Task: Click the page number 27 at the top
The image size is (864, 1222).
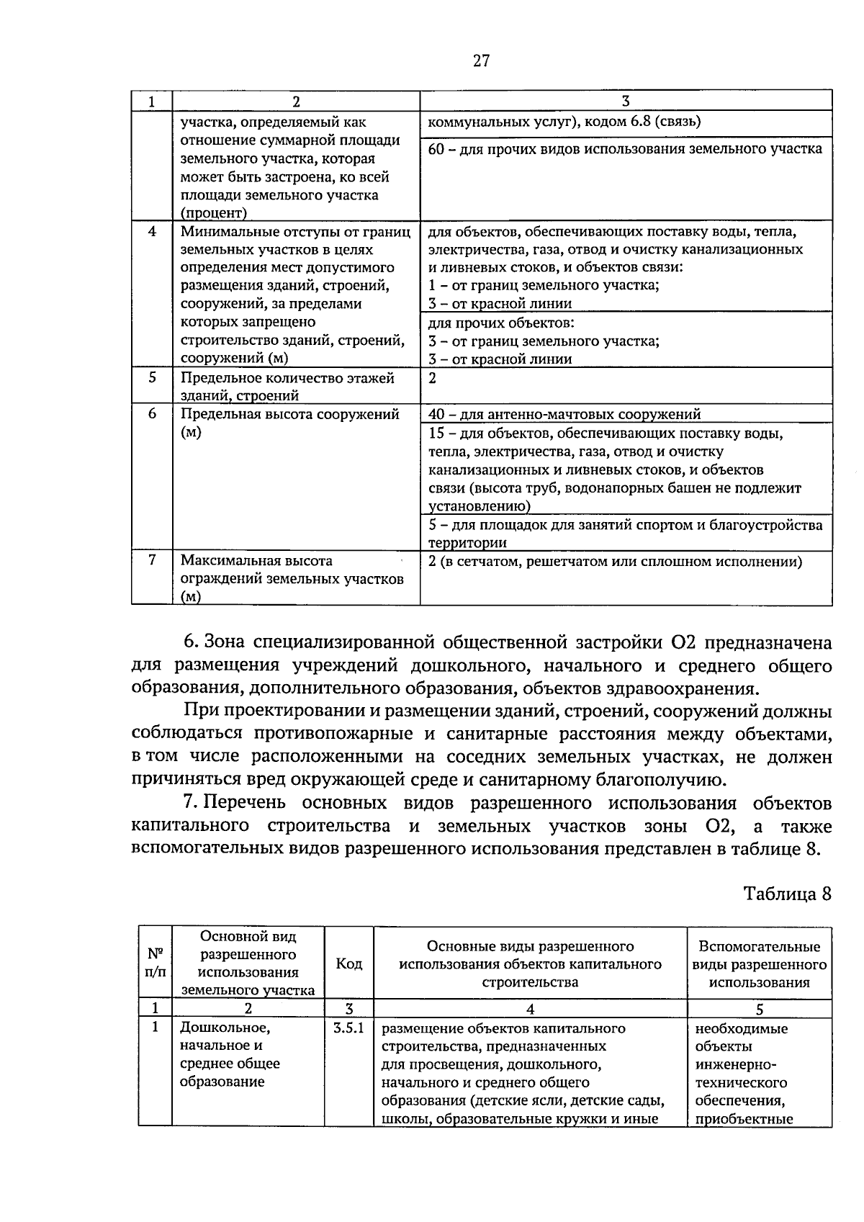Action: pos(481,61)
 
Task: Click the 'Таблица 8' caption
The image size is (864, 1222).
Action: pos(787,894)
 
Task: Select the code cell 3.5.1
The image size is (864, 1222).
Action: pos(349,1028)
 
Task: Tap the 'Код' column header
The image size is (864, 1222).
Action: pos(349,963)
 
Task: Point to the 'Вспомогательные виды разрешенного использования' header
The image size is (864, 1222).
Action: pos(760,964)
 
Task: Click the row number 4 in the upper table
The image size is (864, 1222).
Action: pos(152,232)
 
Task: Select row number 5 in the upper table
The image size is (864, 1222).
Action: pos(152,377)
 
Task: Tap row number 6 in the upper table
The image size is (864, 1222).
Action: pos(152,414)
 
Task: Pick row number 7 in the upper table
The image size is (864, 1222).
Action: pos(152,560)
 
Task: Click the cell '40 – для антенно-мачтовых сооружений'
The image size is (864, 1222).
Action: pos(564,414)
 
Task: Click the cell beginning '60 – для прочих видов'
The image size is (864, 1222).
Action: pos(625,149)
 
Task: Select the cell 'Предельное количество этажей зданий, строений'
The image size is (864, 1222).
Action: pos(288,386)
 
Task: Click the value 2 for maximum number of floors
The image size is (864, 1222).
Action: pos(433,377)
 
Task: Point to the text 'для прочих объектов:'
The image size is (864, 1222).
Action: pos(501,323)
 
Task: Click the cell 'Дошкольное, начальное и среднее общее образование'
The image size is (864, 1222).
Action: pos(230,1055)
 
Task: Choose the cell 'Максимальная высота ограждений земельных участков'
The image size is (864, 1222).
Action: pos(292,578)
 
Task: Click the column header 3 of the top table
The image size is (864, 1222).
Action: pos(625,101)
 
